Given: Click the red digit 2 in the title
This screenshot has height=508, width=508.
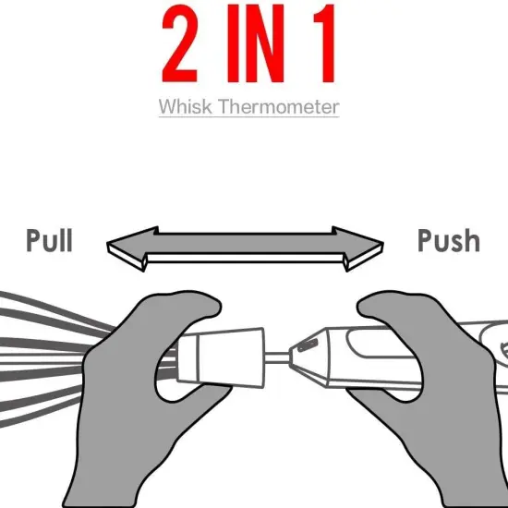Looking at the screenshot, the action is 179,43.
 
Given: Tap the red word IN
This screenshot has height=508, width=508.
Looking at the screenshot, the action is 256,43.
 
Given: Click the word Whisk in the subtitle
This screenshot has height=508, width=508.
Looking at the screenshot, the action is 186,106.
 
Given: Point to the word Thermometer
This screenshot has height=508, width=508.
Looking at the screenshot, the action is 278,106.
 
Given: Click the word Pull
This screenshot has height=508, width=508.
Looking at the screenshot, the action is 49,240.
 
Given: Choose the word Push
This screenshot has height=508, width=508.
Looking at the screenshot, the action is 449,240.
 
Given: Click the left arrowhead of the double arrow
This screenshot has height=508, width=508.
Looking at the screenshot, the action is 129,248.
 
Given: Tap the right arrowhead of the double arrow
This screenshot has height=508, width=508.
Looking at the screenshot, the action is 359,248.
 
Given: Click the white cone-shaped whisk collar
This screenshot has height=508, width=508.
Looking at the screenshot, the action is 221,357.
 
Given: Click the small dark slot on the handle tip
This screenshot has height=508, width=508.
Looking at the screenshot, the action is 308,345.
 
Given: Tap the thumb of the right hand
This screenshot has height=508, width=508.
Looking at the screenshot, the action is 382,306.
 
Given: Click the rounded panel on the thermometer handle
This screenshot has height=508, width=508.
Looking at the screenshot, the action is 379,344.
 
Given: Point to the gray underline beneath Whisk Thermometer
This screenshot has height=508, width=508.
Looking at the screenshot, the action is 249,116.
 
